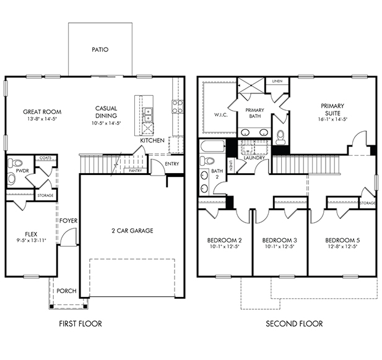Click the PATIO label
(100, 49)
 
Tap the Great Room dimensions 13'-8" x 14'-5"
(42, 119)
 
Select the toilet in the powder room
(14, 163)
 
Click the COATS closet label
(46, 158)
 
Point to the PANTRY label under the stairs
(135, 171)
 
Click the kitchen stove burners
(177, 106)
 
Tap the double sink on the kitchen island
(148, 114)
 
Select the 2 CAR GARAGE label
(132, 231)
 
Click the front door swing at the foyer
(69, 237)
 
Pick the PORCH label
(66, 291)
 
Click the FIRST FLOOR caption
(80, 324)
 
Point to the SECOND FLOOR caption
(294, 324)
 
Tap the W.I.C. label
(221, 115)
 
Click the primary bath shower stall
(251, 85)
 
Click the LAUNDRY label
(254, 158)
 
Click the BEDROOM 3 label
(279, 241)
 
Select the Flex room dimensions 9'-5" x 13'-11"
(31, 241)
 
